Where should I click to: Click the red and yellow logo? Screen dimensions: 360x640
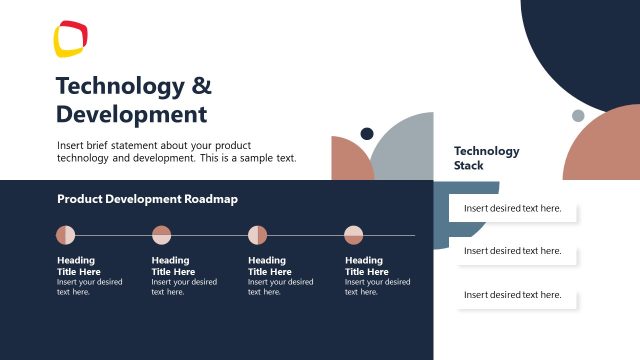pyautogui.click(x=71, y=39)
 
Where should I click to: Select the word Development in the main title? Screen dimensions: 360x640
pyautogui.click(x=131, y=113)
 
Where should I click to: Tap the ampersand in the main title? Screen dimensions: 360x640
pyautogui.click(x=201, y=85)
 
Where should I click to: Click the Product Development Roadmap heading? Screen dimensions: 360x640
pyautogui.click(x=147, y=199)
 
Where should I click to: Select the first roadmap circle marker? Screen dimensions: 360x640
pyautogui.click(x=65, y=235)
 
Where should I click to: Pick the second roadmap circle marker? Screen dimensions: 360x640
pyautogui.click(x=161, y=235)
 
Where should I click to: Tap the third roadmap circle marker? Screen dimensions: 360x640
pyautogui.click(x=257, y=235)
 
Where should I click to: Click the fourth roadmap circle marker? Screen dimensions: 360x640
pyautogui.click(x=354, y=235)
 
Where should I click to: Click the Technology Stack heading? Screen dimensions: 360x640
pyautogui.click(x=486, y=158)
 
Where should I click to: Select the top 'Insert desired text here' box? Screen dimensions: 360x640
pyautogui.click(x=513, y=209)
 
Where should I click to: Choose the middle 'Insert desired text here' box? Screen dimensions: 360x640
pyautogui.click(x=513, y=251)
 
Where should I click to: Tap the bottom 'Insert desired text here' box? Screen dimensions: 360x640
pyautogui.click(x=513, y=295)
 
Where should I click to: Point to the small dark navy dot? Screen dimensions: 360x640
pyautogui.click(x=367, y=134)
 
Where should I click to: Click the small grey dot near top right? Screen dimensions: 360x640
pyautogui.click(x=578, y=116)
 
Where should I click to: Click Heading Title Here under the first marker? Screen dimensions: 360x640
pyautogui.click(x=79, y=266)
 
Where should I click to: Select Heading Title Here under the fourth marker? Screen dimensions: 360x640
pyautogui.click(x=367, y=266)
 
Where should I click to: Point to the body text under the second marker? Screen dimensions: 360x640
pyautogui.click(x=184, y=287)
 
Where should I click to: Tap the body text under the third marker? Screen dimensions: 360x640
pyautogui.click(x=281, y=287)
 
